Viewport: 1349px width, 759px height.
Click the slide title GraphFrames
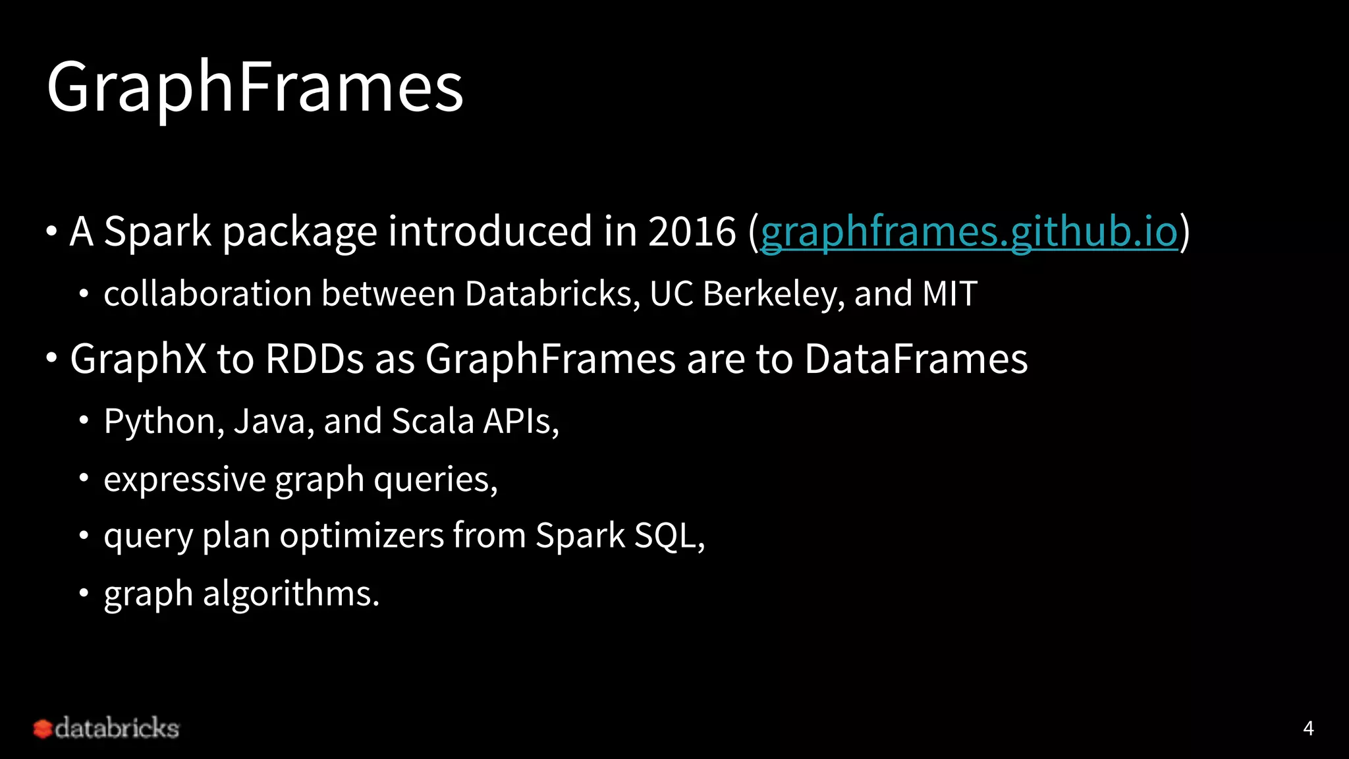[255, 88]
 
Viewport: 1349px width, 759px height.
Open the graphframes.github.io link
[969, 232]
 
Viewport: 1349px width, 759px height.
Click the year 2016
[692, 232]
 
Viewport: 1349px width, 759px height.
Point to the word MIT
[950, 294]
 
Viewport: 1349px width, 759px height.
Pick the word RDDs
[314, 359]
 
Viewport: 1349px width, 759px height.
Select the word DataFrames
[916, 359]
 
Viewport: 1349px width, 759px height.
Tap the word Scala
[433, 422]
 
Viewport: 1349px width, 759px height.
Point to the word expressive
[184, 479]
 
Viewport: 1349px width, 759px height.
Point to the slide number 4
[1308, 728]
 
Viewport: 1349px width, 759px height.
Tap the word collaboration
[207, 294]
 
